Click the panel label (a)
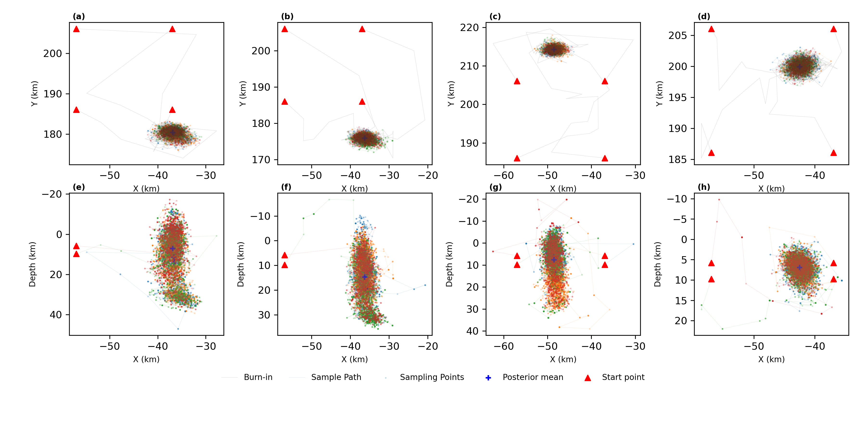click(79, 16)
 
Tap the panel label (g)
click(496, 187)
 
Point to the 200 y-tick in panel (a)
click(52, 54)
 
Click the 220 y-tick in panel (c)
click(469, 28)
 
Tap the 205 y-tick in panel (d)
click(677, 36)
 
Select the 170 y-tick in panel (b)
click(261, 160)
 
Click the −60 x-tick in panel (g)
click(503, 346)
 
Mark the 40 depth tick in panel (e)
click(56, 315)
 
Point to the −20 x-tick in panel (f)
click(428, 346)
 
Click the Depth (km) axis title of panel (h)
click(658, 264)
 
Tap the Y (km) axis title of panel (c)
click(451, 94)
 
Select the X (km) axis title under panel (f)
click(355, 359)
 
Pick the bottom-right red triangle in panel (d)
click(833, 153)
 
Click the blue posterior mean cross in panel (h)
click(799, 267)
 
